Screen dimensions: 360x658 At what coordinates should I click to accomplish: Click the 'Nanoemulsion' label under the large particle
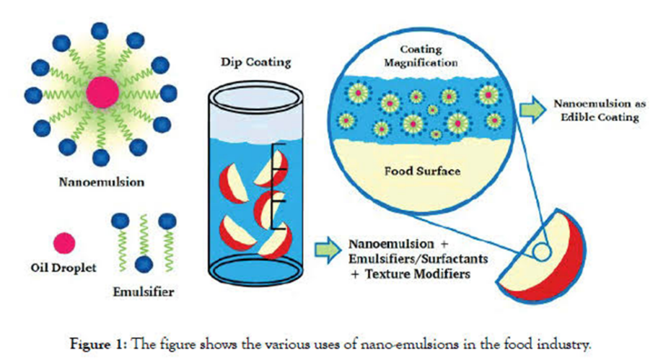pyautogui.click(x=101, y=183)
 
